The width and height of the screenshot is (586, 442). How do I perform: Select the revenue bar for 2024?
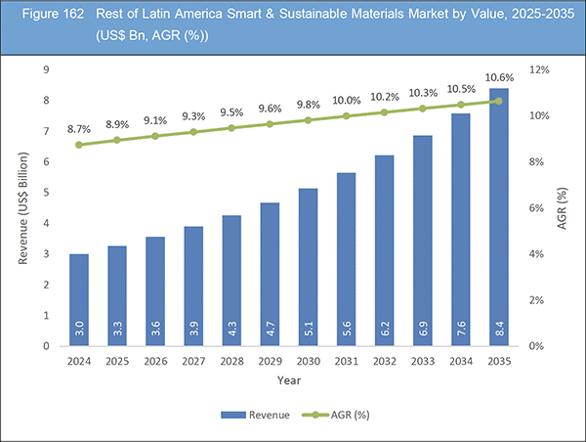(79, 299)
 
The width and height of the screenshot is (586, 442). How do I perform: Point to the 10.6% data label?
(499, 78)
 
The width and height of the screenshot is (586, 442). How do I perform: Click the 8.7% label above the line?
(79, 128)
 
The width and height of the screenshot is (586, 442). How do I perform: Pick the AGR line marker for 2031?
(347, 116)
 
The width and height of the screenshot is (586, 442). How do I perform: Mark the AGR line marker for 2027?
(193, 132)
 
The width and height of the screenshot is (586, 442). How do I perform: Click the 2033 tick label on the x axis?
(423, 360)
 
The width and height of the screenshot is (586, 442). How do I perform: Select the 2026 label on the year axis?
(155, 360)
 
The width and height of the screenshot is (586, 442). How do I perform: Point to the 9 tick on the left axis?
(46, 69)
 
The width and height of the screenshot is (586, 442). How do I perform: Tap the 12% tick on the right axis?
(539, 69)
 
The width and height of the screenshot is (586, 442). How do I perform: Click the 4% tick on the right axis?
(536, 254)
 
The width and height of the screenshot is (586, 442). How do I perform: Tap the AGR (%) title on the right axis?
(564, 207)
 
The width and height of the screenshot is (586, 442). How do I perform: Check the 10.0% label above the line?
(347, 100)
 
